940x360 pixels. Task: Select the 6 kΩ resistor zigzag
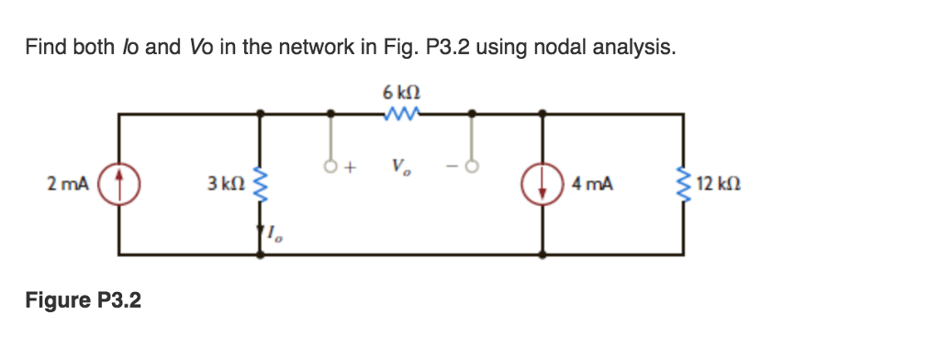(403, 114)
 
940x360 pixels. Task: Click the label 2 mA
(68, 184)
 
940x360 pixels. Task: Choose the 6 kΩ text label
(403, 93)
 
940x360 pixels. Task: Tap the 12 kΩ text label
(719, 184)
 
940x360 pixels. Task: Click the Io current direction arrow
(262, 234)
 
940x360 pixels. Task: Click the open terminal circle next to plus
(331, 168)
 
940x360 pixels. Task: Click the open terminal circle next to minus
(473, 168)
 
